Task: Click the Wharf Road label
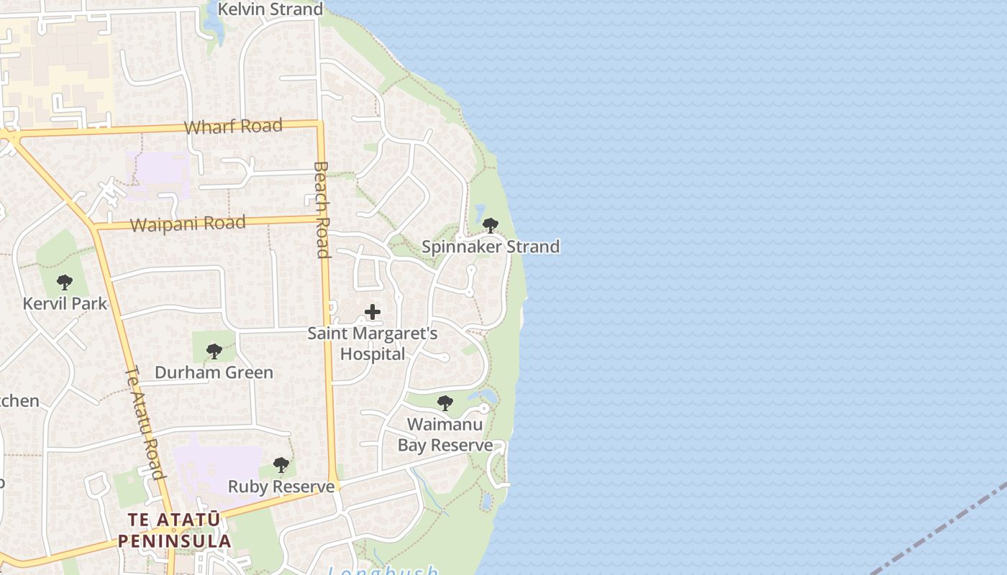click(233, 127)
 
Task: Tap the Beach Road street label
click(322, 209)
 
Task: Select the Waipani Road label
click(188, 224)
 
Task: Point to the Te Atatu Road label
click(146, 423)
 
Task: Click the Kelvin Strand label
click(270, 9)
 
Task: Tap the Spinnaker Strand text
click(491, 247)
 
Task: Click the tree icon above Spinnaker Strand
click(491, 226)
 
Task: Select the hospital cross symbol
click(373, 312)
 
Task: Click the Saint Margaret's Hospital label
click(373, 344)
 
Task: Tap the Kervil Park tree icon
click(65, 282)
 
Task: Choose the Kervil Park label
click(65, 303)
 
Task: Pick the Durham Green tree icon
click(214, 351)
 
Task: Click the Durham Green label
click(214, 372)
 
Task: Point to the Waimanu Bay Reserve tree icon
click(445, 403)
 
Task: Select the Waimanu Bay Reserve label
click(445, 435)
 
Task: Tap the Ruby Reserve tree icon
click(281, 465)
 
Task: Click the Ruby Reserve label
click(281, 487)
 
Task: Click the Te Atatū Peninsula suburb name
click(175, 530)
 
